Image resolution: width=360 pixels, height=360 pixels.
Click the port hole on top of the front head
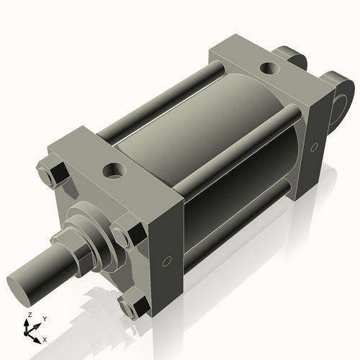tap(113, 171)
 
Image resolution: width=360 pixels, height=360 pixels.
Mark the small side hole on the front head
tap(167, 261)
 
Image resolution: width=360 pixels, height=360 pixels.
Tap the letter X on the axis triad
tap(45, 338)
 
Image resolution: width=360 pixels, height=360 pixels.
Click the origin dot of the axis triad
tap(30, 330)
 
